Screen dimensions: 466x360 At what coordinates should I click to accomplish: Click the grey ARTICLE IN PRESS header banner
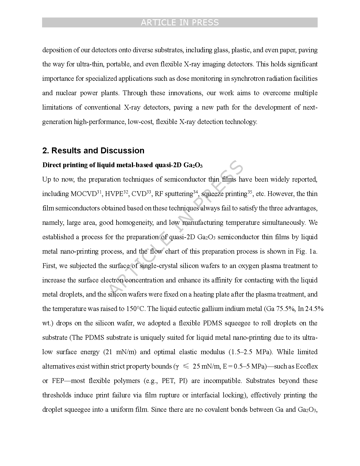(x=180, y=23)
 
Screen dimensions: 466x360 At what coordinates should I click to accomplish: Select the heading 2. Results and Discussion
(x=93, y=151)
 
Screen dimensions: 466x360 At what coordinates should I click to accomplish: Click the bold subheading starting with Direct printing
(x=122, y=165)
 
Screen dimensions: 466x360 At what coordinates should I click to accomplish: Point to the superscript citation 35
(x=250, y=192)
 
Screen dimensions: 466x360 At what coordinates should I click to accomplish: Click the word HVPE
(x=114, y=194)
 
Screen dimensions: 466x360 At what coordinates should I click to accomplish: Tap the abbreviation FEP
(x=58, y=381)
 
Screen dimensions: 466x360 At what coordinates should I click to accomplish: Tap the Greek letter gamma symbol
(x=177, y=367)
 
